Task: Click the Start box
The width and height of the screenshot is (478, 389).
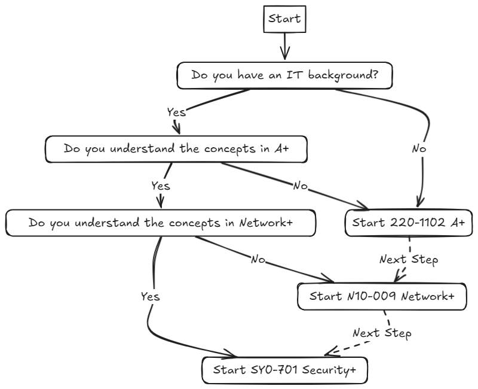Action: pos(284,19)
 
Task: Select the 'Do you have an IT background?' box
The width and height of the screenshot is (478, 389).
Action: pos(284,75)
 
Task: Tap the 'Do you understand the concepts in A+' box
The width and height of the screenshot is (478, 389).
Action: pos(176,149)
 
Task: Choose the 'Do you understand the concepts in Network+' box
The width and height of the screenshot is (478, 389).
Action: pos(160,223)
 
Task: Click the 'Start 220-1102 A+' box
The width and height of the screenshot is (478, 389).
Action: pos(409,223)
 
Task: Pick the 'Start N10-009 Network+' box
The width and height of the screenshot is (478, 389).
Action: pos(382,296)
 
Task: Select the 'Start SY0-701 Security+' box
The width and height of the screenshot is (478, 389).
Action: pos(284,370)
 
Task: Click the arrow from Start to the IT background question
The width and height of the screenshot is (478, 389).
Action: pos(284,46)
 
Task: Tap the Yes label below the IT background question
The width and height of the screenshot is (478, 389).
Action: pos(176,112)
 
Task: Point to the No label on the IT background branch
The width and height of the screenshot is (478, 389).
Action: pos(419,149)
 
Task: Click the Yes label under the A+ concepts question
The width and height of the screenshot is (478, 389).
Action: pos(160,186)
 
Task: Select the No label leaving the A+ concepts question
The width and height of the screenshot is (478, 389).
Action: pos(300,186)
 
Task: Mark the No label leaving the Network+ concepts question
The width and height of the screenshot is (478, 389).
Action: pos(258,259)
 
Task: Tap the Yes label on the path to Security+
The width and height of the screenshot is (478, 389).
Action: pos(150,296)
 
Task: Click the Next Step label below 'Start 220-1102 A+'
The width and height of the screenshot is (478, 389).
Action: pos(409,260)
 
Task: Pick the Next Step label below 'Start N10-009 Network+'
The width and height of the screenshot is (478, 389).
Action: pos(382,333)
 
